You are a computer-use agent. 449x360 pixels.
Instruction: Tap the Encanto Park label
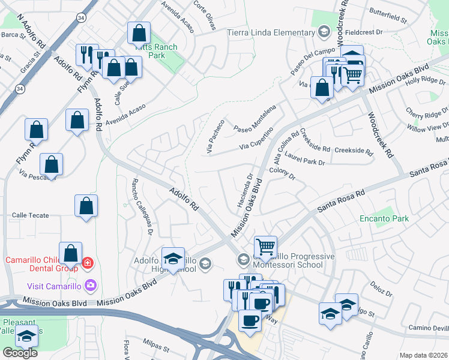(x=385, y=218)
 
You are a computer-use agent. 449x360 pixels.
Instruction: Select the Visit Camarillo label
(x=53, y=284)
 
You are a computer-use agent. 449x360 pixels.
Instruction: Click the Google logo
(x=20, y=353)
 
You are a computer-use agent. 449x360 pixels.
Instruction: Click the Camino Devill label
(x=429, y=328)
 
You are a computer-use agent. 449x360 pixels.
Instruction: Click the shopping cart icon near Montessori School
(x=265, y=247)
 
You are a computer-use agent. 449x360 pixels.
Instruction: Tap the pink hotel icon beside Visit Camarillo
(x=91, y=284)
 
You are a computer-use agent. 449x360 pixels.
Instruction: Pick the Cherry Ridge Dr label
(x=427, y=112)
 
